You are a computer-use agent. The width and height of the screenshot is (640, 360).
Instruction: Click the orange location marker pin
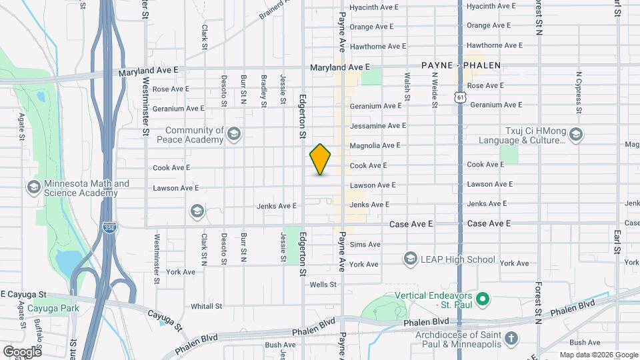[x=321, y=159]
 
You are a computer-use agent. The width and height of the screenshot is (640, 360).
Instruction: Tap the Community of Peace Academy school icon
[x=233, y=135]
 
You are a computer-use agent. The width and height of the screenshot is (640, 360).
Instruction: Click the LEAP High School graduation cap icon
[x=411, y=259]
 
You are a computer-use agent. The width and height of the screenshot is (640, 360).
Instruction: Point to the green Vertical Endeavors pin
[x=485, y=297]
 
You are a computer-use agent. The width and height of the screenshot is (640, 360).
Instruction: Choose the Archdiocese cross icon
[x=511, y=338]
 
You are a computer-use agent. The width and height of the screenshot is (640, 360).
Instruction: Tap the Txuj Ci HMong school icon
[x=576, y=135]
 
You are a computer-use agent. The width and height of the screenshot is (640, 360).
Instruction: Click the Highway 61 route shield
[x=461, y=97]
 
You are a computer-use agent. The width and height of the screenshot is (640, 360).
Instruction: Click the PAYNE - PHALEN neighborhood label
[x=461, y=65]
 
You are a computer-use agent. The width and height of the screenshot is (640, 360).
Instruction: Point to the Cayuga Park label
[x=53, y=308]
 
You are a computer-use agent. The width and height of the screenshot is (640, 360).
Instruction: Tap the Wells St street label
[x=323, y=285]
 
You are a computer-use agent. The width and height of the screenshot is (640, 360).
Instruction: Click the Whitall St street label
[x=206, y=306]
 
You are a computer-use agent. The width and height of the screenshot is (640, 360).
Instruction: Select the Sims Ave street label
[x=365, y=245]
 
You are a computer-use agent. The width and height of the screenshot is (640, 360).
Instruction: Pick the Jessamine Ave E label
[x=377, y=125]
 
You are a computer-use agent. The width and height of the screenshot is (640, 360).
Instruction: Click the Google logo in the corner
[x=22, y=351]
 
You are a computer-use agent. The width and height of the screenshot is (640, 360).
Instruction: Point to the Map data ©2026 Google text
[x=599, y=355]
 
